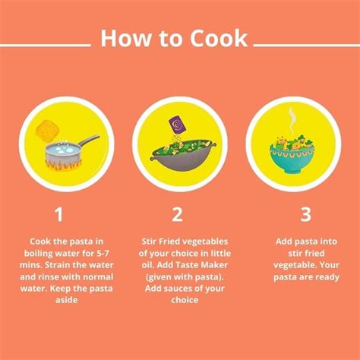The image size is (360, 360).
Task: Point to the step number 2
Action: tap(178, 215)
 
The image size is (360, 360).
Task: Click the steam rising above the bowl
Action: tap(292, 120)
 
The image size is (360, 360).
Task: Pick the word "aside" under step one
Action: tap(60, 300)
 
